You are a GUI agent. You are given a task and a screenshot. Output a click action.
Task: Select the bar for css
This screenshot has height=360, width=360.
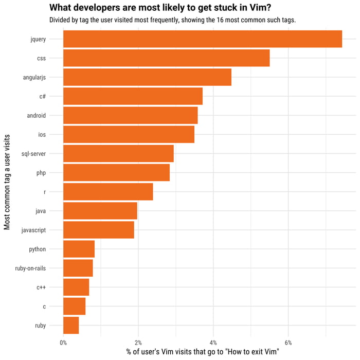pos(166,58)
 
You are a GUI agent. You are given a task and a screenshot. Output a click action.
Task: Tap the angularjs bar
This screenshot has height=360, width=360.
pos(147,77)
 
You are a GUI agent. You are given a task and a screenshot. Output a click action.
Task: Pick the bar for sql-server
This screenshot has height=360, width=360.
pos(118,153)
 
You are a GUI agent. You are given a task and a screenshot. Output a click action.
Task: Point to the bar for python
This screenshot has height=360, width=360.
pos(79,249)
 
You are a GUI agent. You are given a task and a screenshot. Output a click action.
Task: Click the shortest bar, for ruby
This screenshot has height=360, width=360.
pos(71,325)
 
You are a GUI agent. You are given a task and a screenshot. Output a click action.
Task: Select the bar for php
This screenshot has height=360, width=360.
pos(116,173)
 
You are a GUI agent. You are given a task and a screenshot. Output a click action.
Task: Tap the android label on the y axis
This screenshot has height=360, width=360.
pos(37,115)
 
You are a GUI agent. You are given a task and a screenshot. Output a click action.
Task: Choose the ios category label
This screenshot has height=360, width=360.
pos(42,134)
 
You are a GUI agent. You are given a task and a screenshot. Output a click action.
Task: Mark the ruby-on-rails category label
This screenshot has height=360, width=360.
pos(30,268)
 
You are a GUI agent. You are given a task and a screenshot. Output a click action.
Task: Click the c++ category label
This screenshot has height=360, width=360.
pos(41,287)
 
